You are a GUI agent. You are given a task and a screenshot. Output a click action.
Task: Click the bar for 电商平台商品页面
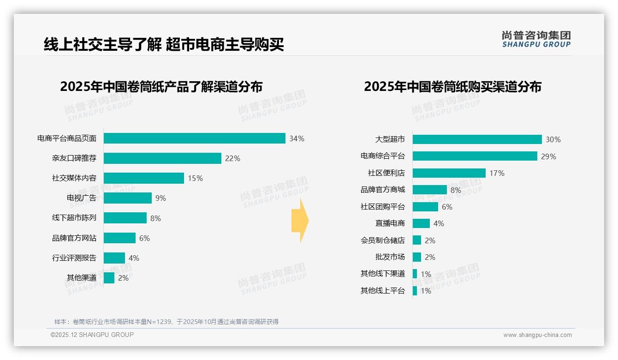point(194,138)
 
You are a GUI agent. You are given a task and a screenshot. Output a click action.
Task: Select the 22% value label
point(232,158)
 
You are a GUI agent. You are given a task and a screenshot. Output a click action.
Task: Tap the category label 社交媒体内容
point(74,178)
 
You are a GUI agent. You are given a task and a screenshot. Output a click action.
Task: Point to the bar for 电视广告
point(127,198)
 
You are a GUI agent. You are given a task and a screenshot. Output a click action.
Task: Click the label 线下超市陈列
point(74,218)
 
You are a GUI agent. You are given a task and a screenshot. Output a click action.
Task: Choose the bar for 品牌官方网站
point(119,238)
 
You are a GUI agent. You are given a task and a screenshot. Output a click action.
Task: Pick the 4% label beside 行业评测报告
point(134,258)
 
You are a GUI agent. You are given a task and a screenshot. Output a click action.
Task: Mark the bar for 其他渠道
point(109,278)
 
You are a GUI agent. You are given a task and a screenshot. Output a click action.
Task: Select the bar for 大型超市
point(477,139)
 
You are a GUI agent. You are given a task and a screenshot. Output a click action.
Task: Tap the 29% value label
point(549,156)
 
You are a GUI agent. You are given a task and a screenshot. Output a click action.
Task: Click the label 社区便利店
point(386,173)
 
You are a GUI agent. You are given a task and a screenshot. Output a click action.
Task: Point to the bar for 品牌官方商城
point(429,190)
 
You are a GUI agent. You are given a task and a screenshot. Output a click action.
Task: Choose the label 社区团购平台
point(382,207)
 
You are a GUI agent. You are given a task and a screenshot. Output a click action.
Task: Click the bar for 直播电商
point(421,223)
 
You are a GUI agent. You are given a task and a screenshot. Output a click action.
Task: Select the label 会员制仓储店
point(382,240)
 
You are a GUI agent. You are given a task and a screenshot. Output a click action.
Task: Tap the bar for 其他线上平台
point(415,291)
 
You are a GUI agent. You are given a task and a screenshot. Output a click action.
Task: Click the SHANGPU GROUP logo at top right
point(536,39)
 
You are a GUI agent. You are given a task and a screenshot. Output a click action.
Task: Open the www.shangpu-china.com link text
point(537,335)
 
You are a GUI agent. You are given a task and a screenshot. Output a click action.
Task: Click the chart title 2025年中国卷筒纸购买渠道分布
point(452,87)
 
